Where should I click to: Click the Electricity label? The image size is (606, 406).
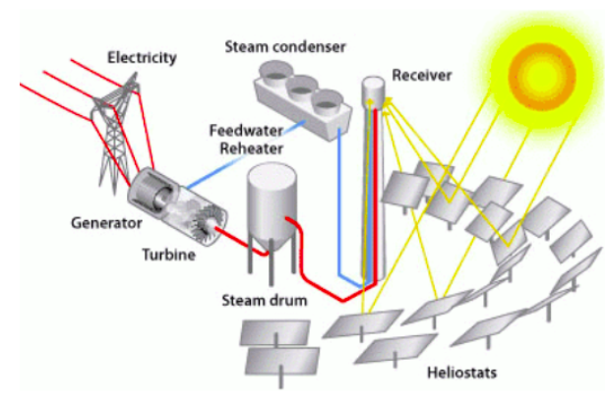(144, 57)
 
